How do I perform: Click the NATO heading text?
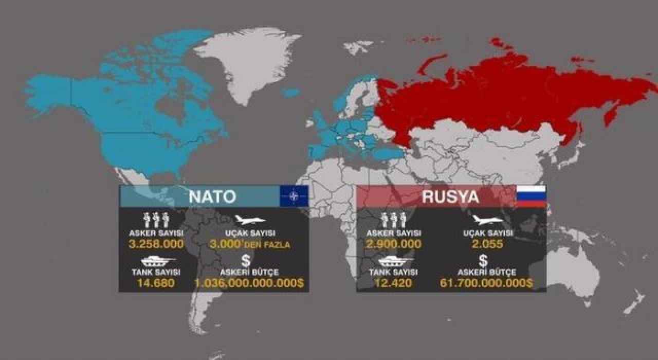[x=212, y=196]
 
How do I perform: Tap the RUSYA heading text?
[x=450, y=196]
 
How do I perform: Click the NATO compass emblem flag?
[x=294, y=196]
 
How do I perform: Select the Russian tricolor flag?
[x=531, y=196]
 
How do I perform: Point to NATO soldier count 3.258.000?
[x=156, y=244]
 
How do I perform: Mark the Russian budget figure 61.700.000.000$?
[x=486, y=282]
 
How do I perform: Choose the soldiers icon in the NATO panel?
[x=156, y=220]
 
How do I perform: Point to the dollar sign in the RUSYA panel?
[x=483, y=261]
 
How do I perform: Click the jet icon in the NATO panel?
[x=250, y=220]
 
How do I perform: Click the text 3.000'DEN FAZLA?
[x=250, y=244]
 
